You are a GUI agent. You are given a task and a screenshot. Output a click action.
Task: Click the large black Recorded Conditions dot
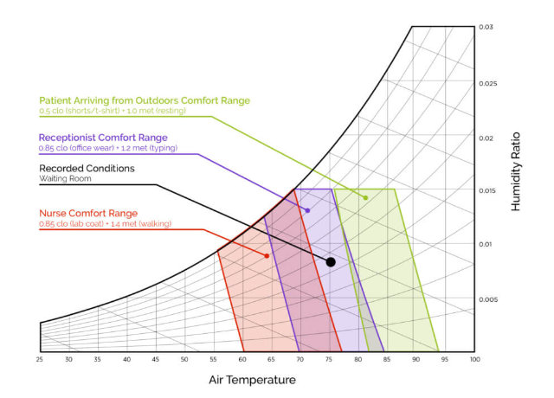pos(331,261)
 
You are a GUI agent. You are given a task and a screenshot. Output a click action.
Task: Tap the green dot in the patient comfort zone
pos(366,198)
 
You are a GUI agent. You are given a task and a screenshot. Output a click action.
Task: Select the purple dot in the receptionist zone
pos(307,210)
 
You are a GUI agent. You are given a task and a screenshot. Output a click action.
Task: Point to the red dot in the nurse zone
pos(267,256)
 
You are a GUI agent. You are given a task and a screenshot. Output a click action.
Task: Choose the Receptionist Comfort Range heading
pos(103,137)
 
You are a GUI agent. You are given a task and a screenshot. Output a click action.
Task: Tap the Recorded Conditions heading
pos(87,168)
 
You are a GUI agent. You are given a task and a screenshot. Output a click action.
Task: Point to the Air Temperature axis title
pos(252,380)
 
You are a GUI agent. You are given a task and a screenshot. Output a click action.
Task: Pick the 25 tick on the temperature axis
pos(40,359)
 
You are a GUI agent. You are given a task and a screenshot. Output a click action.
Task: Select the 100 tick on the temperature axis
pos(473,359)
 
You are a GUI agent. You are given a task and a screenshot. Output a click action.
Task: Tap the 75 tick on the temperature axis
pos(329,359)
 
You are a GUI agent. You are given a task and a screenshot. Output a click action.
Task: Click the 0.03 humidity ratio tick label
pos(486,28)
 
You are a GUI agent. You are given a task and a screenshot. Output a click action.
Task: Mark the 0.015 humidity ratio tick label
pos(488,190)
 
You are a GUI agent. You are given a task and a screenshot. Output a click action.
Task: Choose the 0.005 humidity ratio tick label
pos(488,299)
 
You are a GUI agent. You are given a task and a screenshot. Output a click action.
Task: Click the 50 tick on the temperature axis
pos(184,359)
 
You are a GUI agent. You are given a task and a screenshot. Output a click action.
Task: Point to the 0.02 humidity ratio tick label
pos(486,137)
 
